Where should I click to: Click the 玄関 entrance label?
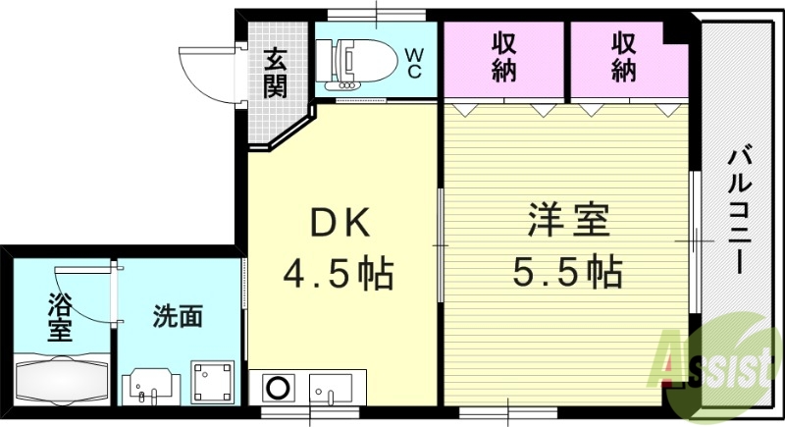(276, 74)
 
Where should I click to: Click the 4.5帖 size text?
(340, 272)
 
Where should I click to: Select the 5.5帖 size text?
(568, 270)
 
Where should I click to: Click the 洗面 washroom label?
(178, 317)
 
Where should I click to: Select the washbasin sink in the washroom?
(152, 384)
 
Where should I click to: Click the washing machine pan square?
(210, 382)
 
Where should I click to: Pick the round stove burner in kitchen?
(277, 387)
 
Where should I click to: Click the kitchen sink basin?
(334, 387)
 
